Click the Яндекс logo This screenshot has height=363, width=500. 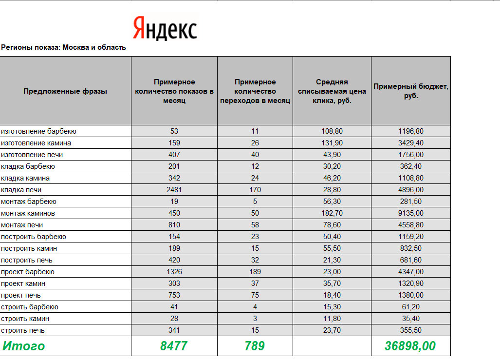click(165, 28)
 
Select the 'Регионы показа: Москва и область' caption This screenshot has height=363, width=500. click(63, 47)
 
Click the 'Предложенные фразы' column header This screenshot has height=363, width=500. click(65, 91)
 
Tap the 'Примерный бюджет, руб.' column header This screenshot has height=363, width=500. click(410, 91)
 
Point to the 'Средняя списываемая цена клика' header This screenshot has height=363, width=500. click(332, 91)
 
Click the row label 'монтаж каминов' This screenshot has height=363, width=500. click(28, 213)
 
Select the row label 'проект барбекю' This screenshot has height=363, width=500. click(28, 272)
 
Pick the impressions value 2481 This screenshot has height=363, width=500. click(174, 190)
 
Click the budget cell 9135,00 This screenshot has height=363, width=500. click(410, 213)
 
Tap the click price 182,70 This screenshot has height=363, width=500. click(332, 213)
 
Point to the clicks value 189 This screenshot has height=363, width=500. click(255, 272)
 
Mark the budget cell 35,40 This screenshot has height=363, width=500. click(410, 319)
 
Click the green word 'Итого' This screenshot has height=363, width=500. click(23, 346)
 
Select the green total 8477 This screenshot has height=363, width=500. click(174, 346)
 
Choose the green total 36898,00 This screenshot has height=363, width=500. click(410, 346)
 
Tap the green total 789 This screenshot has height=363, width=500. click(255, 346)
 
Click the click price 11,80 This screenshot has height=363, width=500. click(332, 319)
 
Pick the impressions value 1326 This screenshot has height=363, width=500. click(174, 272)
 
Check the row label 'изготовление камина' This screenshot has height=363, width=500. click(36, 143)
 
